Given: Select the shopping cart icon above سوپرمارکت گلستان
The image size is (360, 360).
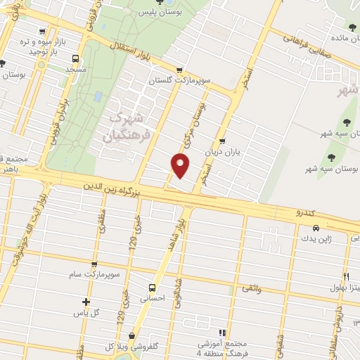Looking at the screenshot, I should pyautogui.click(x=180, y=70).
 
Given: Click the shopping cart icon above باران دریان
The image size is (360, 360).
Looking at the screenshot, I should pyautogui.click(x=222, y=141).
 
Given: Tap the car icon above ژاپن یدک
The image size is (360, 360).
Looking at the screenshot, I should pyautogui.click(x=316, y=228).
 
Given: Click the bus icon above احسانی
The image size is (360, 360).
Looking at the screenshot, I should pyautogui.click(x=152, y=287).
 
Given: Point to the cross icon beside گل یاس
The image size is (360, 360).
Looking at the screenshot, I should pyautogui.click(x=86, y=302).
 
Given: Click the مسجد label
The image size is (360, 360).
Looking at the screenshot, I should pyautogui.click(x=75, y=71).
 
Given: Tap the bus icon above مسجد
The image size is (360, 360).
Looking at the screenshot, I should pyautogui.click(x=75, y=60).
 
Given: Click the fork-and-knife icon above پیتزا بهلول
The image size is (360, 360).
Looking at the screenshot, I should pyautogui.click(x=345, y=276).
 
